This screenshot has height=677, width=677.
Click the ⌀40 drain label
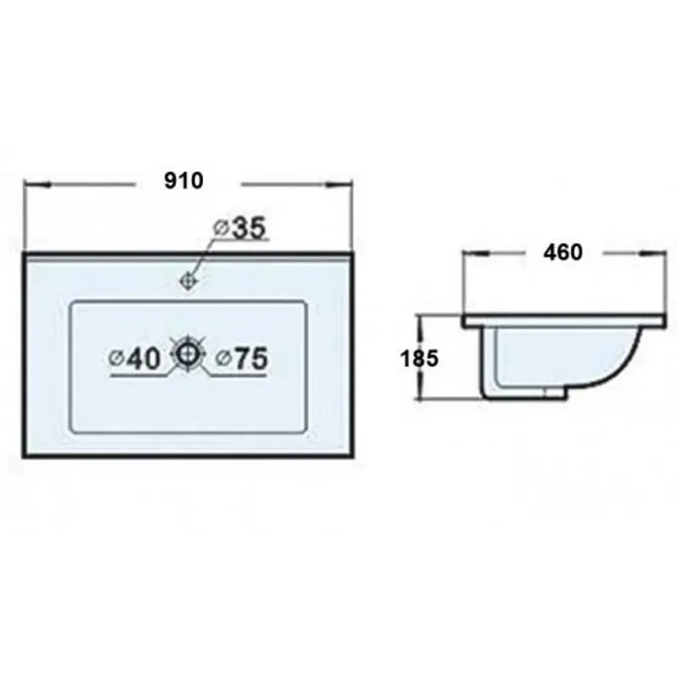[x=135, y=359]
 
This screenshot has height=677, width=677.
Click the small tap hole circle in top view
[x=189, y=279]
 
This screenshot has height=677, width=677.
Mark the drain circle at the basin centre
[x=188, y=353]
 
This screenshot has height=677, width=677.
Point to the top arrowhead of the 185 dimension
[x=421, y=321]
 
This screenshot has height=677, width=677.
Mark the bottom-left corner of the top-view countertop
[x=25, y=454]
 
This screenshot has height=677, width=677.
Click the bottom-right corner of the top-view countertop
[x=350, y=454]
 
